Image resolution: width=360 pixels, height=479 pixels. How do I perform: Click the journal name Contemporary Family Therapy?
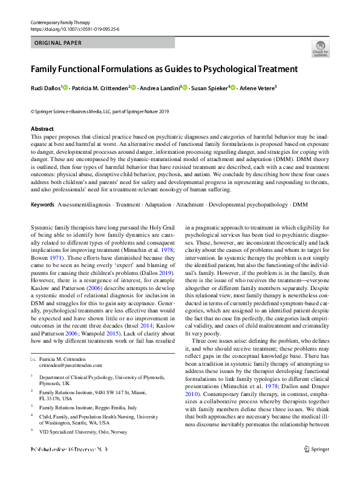[59, 22]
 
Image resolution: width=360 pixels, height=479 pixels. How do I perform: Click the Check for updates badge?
[320, 49]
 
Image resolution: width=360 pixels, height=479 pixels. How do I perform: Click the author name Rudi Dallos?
[45, 88]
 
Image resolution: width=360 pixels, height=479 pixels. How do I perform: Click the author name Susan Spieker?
[208, 88]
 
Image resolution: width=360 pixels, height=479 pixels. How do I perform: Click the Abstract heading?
[42, 129]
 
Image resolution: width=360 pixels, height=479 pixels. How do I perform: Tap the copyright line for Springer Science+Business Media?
[100, 112]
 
